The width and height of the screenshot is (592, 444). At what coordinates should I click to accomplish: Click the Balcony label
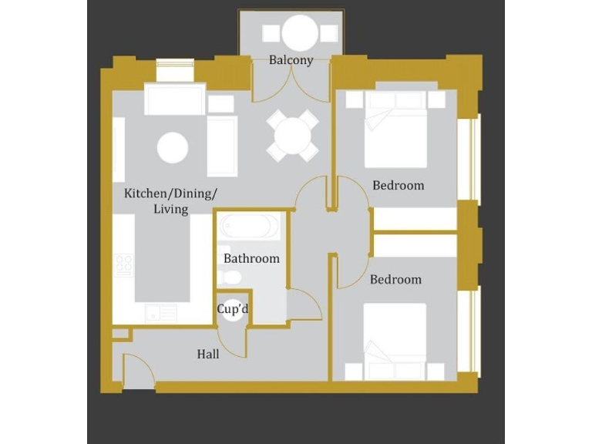(x=291, y=60)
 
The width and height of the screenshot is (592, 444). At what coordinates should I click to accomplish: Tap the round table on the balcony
(x=299, y=33)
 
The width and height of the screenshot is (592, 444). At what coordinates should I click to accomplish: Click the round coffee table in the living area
(x=173, y=146)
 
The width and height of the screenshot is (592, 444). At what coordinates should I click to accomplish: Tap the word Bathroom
(x=251, y=259)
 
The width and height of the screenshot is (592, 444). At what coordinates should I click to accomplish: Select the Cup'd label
(x=233, y=310)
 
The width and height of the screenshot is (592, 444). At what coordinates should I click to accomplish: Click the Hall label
(x=208, y=355)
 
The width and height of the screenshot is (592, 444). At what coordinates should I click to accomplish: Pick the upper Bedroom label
(x=398, y=185)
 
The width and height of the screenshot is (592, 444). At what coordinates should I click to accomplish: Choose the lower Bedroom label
(x=395, y=279)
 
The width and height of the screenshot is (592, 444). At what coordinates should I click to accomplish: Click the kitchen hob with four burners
(x=124, y=264)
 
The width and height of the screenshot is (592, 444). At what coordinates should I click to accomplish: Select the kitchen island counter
(x=163, y=258)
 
